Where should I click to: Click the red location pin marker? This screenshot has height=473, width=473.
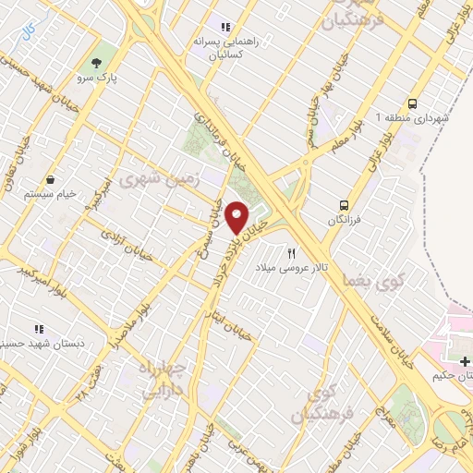pyautogui.click(x=237, y=216)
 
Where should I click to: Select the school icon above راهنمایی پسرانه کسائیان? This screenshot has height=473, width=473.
pyautogui.click(x=223, y=25)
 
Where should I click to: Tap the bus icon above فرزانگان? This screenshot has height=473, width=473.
pyautogui.click(x=345, y=205)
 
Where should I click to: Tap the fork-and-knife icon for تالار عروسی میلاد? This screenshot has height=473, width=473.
pyautogui.click(x=292, y=252)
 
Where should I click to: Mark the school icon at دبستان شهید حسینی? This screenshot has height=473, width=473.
pyautogui.click(x=39, y=328)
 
